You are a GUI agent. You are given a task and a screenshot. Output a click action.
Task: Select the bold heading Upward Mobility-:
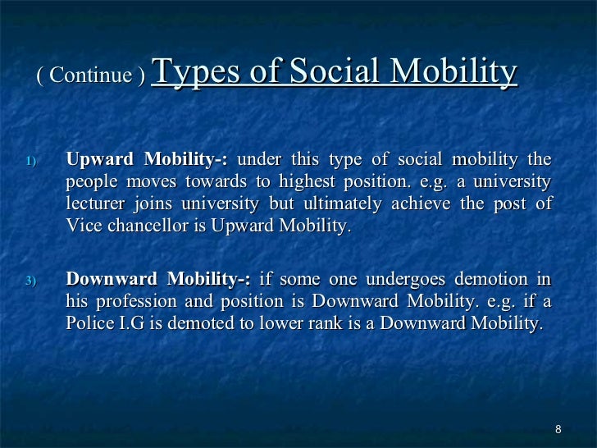pyautogui.click(x=148, y=158)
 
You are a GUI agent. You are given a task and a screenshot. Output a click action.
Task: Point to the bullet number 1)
pyautogui.click(x=30, y=160)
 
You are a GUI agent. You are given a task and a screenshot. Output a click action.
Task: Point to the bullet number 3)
pyautogui.click(x=30, y=281)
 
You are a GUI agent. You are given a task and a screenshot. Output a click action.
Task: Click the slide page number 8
pyautogui.click(x=558, y=430)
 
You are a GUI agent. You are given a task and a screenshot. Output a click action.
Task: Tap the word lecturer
pyautogui.click(x=95, y=203)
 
